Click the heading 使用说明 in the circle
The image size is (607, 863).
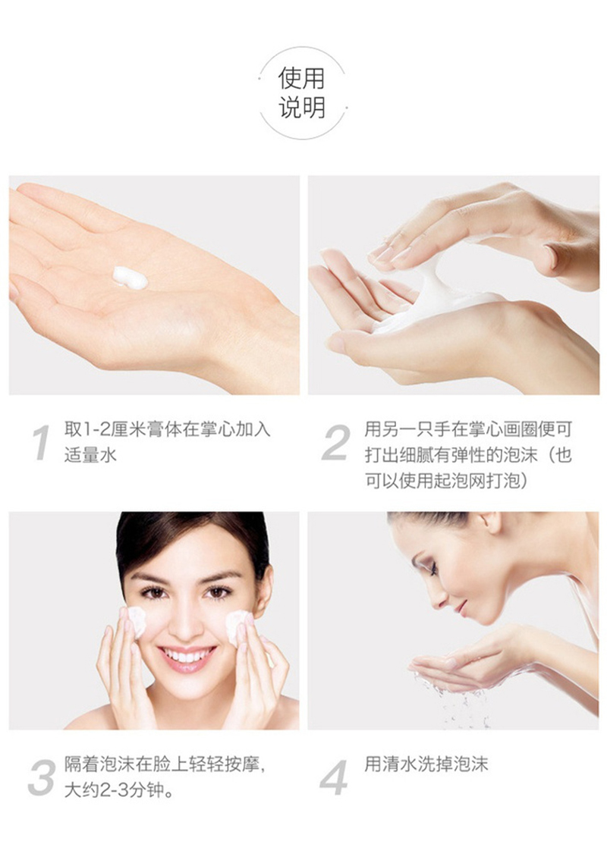tap(302, 93)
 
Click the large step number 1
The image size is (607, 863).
tap(40, 442)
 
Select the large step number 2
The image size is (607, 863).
tap(335, 442)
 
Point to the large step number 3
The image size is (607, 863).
tap(41, 778)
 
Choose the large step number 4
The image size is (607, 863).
tap(334, 778)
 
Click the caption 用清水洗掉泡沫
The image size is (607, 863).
tap(426, 764)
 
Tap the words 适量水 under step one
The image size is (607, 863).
tap(90, 455)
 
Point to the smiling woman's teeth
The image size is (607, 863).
tap(187, 655)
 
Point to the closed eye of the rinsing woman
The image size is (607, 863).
tap(433, 569)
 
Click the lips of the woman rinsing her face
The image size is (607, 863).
tap(461, 609)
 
